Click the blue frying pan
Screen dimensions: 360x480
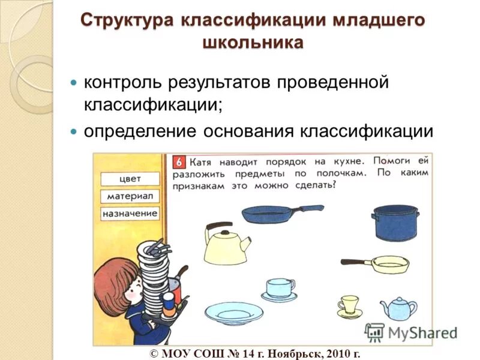point(270,213)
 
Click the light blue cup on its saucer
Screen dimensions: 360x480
point(280,289)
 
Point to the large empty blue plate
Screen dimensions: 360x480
point(234,313)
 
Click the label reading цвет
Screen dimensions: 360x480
point(130,178)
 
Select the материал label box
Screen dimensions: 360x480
point(130,196)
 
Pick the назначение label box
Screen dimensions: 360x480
point(130,213)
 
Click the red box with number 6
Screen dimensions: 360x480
point(179,162)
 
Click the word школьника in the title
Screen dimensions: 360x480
point(253,43)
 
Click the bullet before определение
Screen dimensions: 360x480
point(74,131)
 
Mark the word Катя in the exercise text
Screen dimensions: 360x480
point(204,162)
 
